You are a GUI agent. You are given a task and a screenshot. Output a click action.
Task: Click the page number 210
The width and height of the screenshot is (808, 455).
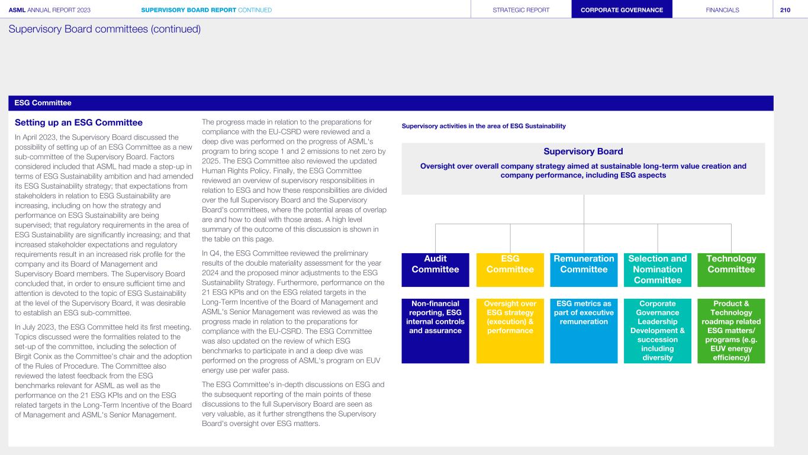785,9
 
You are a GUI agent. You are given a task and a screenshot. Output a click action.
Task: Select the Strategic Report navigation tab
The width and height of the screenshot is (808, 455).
521,9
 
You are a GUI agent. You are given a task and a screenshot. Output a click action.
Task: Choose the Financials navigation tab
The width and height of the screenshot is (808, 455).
722,9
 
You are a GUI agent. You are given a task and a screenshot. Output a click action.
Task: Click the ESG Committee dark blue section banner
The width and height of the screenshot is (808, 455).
391,103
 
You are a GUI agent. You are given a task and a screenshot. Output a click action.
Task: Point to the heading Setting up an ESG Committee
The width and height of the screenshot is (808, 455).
79,123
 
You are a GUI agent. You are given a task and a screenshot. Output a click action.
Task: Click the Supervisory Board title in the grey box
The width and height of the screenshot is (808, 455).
583,151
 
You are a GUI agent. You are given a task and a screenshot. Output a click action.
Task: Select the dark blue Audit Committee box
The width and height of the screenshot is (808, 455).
435,270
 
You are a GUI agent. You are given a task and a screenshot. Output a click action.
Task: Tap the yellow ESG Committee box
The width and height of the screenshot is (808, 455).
510,270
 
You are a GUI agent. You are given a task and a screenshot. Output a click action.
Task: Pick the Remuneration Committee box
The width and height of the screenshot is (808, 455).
584,270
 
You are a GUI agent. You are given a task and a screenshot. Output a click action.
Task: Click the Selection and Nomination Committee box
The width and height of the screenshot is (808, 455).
657,270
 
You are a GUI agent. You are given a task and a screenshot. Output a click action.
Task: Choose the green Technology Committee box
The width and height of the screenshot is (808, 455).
731,270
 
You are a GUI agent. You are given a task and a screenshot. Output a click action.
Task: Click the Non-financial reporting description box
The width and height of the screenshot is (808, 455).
435,330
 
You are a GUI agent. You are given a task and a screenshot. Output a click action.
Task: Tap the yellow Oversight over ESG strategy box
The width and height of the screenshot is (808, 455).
510,330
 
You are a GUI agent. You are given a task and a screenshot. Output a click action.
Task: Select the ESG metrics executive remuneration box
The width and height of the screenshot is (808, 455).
584,330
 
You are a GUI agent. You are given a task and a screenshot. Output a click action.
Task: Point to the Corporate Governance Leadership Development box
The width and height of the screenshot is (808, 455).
657,330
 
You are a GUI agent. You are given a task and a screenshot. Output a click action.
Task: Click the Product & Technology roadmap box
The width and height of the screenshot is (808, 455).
731,330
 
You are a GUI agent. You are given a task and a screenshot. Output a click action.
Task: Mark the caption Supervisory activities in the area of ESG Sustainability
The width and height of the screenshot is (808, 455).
484,126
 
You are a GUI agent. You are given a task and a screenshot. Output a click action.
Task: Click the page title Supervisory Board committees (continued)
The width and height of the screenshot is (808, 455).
105,29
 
